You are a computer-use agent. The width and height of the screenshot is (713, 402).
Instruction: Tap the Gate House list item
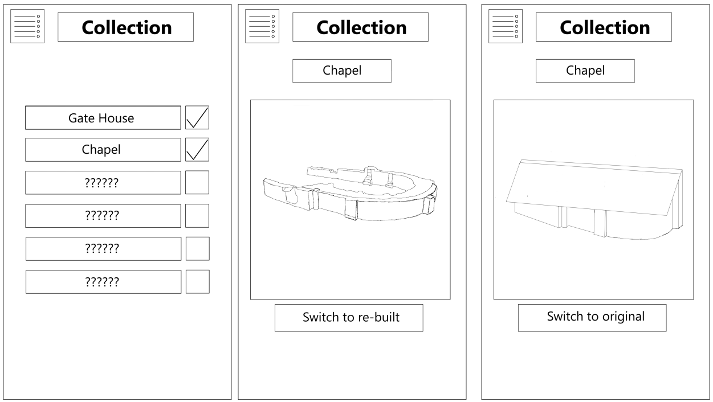tap(103, 118)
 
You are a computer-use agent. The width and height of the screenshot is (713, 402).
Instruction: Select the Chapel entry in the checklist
tap(103, 150)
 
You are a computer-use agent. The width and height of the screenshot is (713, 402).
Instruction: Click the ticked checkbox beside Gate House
tap(197, 118)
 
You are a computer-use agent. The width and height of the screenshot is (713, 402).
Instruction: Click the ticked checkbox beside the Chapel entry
tap(197, 150)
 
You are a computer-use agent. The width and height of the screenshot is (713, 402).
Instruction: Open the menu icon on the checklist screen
tap(27, 26)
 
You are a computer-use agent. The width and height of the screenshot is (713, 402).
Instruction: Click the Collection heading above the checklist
tap(125, 27)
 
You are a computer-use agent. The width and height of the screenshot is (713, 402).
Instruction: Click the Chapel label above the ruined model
tap(342, 71)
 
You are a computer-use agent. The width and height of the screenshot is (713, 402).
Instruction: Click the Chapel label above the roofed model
tap(585, 71)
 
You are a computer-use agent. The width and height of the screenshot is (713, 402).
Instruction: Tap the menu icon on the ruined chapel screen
tap(262, 26)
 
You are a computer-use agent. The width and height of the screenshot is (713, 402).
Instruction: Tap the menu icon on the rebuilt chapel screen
tap(506, 26)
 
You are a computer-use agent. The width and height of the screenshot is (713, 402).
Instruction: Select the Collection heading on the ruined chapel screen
tap(360, 27)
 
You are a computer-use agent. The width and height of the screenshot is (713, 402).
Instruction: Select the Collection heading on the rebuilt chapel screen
tap(604, 27)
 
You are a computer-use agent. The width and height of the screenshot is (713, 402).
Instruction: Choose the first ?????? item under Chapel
tap(103, 183)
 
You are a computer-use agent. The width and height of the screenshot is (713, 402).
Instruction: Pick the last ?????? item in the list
tap(103, 282)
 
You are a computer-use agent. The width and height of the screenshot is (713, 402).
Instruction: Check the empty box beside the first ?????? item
tap(197, 182)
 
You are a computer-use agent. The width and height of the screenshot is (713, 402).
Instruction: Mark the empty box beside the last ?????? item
tap(197, 281)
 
